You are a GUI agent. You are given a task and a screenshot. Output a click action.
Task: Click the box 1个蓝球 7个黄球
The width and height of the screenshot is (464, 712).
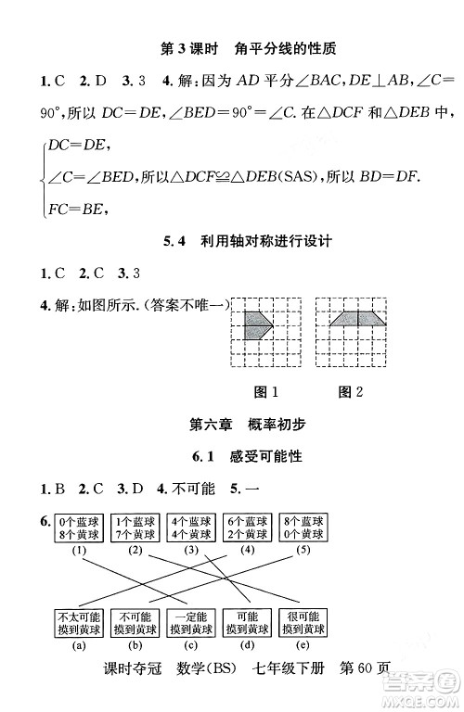click(x=135, y=528)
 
